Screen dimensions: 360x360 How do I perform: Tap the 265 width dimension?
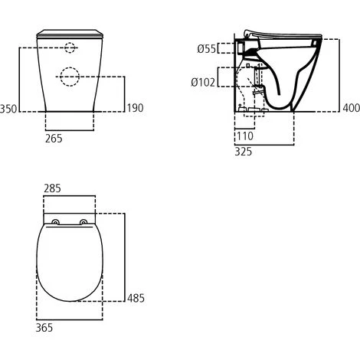click(x=54, y=139)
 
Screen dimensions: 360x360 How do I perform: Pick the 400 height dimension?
click(x=349, y=108)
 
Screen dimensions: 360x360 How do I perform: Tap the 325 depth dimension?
click(x=244, y=152)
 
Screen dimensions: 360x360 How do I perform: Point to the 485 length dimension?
click(x=136, y=297)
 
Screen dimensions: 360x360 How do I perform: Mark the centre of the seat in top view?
click(x=70, y=264)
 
